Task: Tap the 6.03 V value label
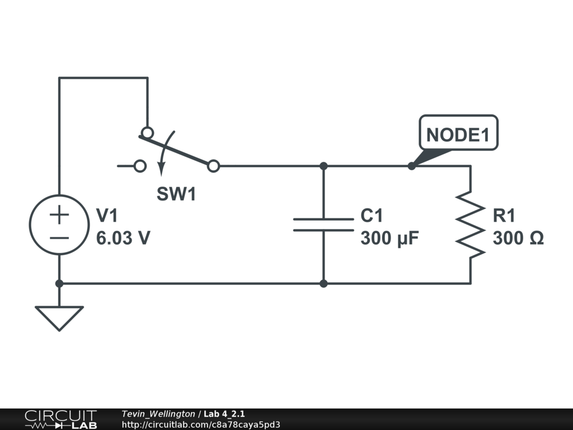click(123, 239)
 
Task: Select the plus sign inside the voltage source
click(59, 214)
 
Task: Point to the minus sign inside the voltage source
click(59, 237)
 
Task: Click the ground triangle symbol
click(59, 316)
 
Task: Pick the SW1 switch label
click(176, 194)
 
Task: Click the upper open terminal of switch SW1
click(147, 133)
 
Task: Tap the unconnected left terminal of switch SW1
click(140, 166)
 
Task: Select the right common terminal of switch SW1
click(213, 166)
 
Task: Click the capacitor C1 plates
click(323, 225)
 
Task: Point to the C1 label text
click(372, 216)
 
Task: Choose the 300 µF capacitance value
click(389, 239)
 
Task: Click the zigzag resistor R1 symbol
click(470, 225)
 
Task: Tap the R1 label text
click(504, 216)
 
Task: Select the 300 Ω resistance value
click(518, 239)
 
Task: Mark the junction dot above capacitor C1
click(323, 166)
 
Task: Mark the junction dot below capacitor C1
click(323, 283)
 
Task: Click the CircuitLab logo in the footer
click(60, 419)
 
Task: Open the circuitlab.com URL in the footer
click(201, 424)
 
